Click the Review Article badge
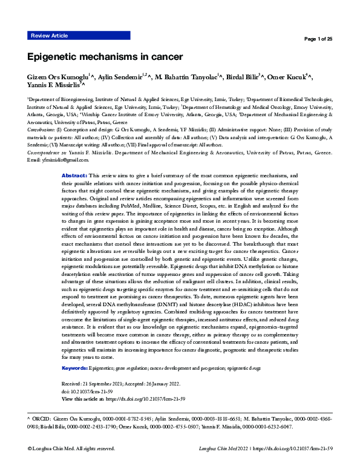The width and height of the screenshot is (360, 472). point(49,36)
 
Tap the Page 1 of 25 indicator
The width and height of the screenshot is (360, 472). point(318,39)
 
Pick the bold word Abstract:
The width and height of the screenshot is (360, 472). point(75,174)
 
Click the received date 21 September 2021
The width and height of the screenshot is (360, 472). point(116,384)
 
